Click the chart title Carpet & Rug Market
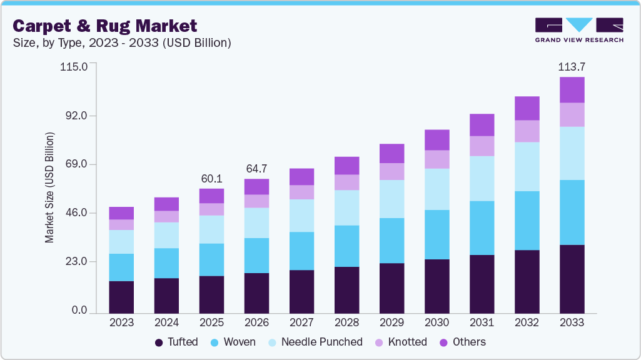point(105,26)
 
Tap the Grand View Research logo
point(578,29)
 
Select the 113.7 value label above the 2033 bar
point(572,66)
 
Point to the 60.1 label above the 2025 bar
point(211,178)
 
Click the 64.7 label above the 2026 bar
point(256,169)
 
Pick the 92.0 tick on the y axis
point(74,116)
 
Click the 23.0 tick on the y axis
point(74,262)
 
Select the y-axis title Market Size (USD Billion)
point(49,188)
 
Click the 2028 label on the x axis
point(346,322)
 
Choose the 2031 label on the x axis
point(482,322)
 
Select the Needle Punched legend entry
point(315,342)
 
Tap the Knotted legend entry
point(400,342)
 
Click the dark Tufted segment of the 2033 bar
point(572,279)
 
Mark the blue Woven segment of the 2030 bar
point(437,234)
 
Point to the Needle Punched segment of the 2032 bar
point(527,166)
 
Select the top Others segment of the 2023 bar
point(121,213)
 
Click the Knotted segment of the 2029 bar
point(391,171)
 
